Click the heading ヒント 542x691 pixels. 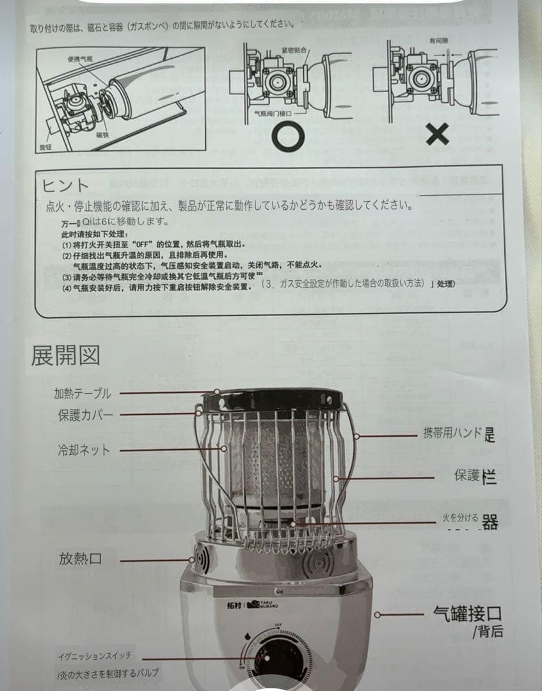pos(65,186)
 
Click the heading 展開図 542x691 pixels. pos(65,356)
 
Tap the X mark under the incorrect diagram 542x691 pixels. pos(438,134)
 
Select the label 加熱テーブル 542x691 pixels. pos(83,393)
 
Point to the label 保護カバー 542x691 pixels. pos(85,415)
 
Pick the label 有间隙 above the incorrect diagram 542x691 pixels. pos(440,40)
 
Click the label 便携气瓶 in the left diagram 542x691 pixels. pos(80,60)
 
